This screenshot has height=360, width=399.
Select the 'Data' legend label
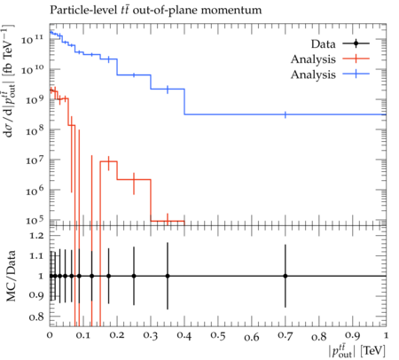coord(323,44)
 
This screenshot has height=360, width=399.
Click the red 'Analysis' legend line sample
coord(356,59)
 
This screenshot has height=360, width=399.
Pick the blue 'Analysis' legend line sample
coord(356,74)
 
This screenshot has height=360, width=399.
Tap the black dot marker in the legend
coord(356,43)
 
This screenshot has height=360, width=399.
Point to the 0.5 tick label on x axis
coord(218,336)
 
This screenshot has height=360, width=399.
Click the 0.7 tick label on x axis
coord(286,336)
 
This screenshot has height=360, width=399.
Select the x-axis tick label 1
coord(386,336)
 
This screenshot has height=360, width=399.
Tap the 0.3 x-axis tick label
coord(151,336)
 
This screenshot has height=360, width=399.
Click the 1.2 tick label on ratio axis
coord(36,236)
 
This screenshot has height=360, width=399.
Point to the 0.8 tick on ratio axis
coord(36,317)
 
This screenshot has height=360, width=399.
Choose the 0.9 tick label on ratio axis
coord(36,295)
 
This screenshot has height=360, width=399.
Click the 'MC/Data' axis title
coord(11,276)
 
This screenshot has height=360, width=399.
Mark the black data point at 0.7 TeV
coord(286,276)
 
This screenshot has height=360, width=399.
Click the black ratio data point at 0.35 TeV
coord(168,276)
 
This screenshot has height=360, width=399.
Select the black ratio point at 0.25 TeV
coord(134,276)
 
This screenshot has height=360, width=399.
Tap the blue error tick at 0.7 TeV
coord(286,114)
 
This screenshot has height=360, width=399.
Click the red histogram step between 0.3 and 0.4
coord(168,221)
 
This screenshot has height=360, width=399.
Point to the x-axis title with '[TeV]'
coord(357,350)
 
